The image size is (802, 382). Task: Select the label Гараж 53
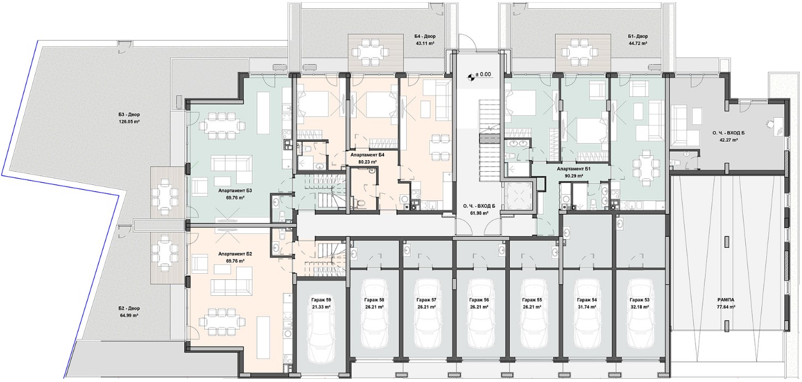[639, 300]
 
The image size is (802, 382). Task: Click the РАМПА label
[726, 300]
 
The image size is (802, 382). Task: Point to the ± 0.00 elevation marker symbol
[471, 76]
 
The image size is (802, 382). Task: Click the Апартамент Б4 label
[368, 155]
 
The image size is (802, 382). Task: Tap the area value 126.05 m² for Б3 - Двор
[129, 121]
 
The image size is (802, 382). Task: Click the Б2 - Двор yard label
[129, 308]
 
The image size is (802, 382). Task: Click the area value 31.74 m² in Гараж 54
[587, 307]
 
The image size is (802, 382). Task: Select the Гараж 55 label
[532, 300]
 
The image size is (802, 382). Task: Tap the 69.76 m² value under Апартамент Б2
[235, 261]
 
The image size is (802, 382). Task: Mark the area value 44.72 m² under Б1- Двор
[638, 43]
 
